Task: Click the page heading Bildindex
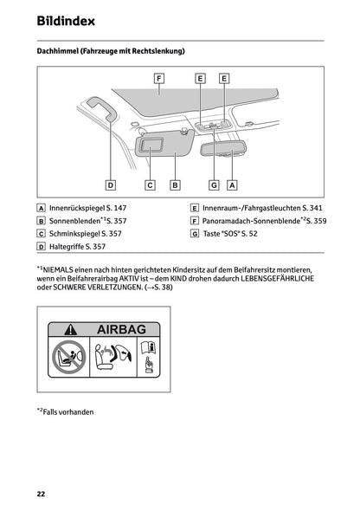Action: [x=67, y=20]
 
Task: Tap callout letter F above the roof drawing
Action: [x=159, y=78]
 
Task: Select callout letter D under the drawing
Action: [x=111, y=184]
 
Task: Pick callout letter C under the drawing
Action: [x=150, y=184]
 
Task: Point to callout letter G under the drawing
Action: [x=214, y=184]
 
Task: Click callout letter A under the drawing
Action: [x=232, y=184]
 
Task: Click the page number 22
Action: [x=41, y=494]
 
